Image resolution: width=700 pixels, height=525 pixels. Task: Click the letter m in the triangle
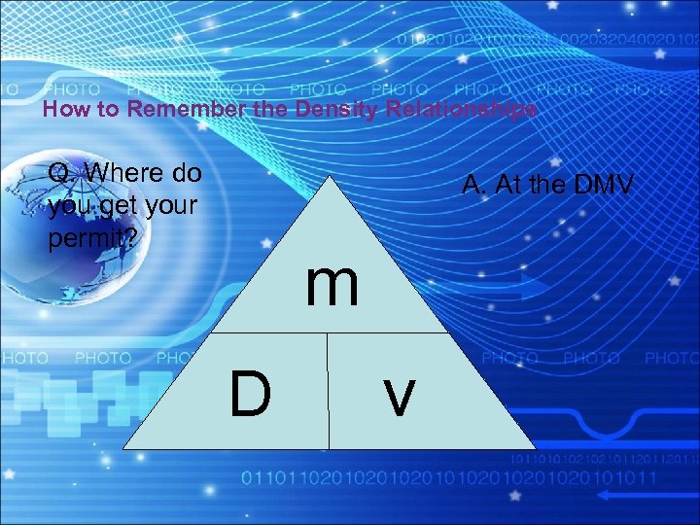[332, 284]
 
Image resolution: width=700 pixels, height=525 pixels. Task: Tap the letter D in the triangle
[250, 394]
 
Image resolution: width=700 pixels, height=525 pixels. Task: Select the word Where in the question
[123, 174]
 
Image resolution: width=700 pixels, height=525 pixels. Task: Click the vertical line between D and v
[329, 391]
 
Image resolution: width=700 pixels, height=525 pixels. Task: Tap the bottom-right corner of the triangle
[535, 447]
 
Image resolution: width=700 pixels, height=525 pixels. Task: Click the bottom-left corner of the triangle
[124, 447]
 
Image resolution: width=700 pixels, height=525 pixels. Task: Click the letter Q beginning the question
[58, 174]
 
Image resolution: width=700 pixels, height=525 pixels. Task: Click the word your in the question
[170, 206]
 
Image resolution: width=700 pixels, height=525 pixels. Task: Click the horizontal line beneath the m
[329, 333]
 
